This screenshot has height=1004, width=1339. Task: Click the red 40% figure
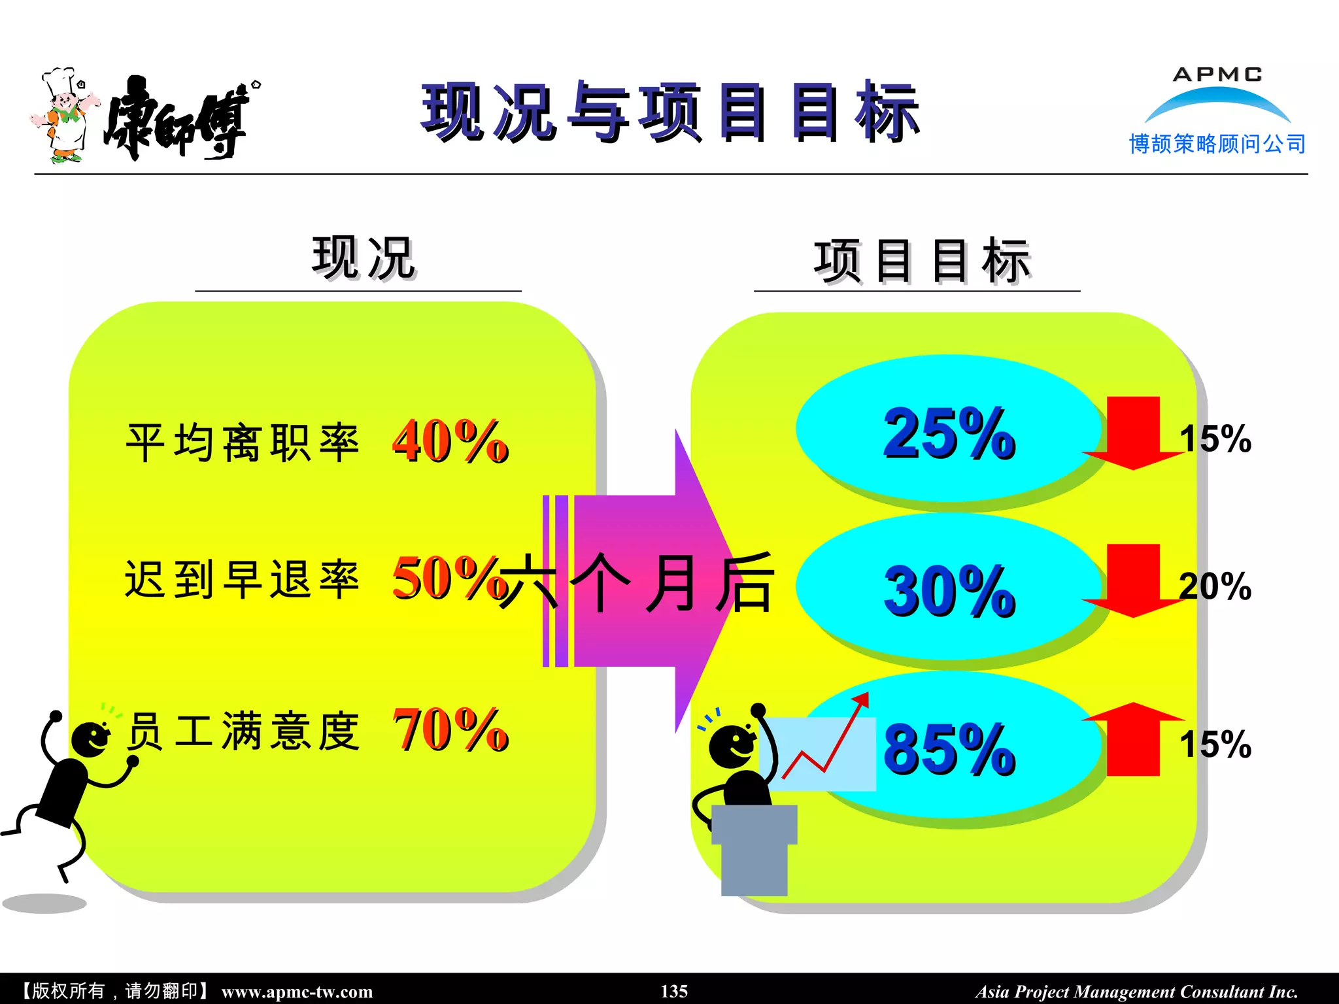point(450,442)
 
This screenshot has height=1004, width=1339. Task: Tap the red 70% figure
point(450,730)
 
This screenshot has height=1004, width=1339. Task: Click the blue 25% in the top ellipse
point(949,433)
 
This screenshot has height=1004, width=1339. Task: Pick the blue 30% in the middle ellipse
point(949,591)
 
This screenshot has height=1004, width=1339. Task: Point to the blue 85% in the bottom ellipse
point(949,749)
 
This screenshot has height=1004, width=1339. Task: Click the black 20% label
point(1215,586)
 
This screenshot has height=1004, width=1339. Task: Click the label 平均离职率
point(243,443)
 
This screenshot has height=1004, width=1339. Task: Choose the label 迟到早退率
point(243,580)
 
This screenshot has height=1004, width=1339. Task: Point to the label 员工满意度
point(243,731)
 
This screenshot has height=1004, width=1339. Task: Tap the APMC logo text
point(1217,75)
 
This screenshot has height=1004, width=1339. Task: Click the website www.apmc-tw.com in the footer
point(297,992)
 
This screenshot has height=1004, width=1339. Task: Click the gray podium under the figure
point(754,850)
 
